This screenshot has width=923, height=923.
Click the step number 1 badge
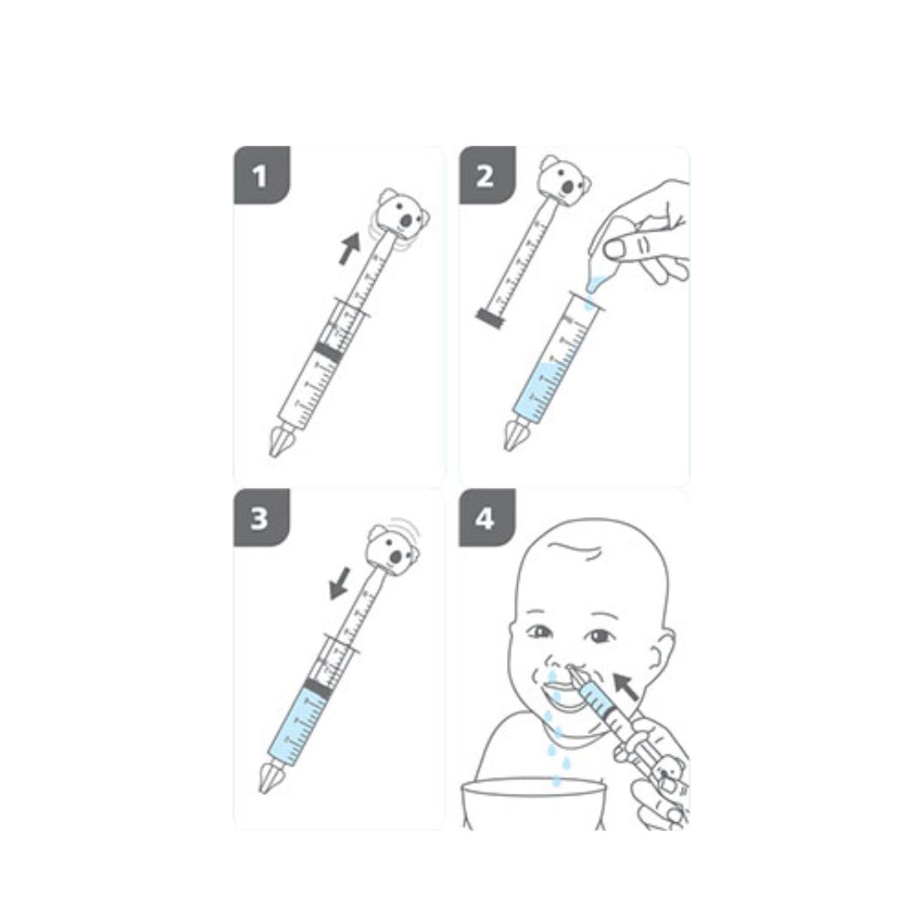tap(262, 175)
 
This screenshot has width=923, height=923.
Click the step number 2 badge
tap(487, 175)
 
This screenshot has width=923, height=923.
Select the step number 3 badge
tap(262, 518)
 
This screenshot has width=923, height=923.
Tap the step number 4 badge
tap(487, 518)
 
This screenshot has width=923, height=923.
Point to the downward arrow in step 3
tap(339, 584)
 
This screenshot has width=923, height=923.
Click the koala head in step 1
tap(403, 215)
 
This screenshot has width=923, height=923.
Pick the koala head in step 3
tap(393, 550)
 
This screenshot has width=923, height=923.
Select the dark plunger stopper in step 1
tap(328, 352)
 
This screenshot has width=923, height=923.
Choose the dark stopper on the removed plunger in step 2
tap(491, 319)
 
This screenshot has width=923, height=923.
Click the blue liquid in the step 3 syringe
tap(298, 726)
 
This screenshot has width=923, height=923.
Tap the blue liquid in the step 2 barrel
tap(538, 391)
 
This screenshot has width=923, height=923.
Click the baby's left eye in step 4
tap(600, 637)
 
